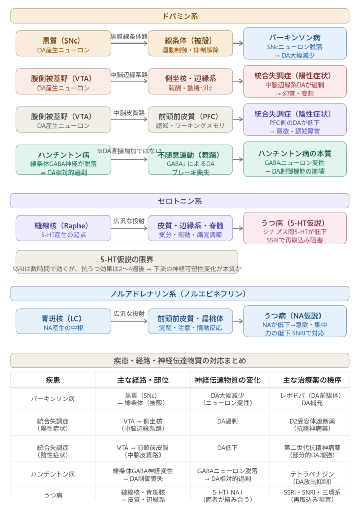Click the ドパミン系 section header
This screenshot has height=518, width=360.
[180, 16]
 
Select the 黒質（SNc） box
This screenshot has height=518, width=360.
[63, 43]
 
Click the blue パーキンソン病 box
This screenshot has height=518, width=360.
[295, 43]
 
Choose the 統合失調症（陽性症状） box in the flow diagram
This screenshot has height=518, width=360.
[295, 81]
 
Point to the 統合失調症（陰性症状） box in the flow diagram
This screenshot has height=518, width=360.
[295, 119]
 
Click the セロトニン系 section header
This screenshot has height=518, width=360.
[180, 201]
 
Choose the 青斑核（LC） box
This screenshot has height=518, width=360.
[63, 321]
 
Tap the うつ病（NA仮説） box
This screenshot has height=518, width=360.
[295, 321]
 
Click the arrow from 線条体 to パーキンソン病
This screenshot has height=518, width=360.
[238, 44]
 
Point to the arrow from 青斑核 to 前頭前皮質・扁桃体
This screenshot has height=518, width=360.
[130, 322]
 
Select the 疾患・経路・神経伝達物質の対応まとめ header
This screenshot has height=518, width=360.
[180, 360]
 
